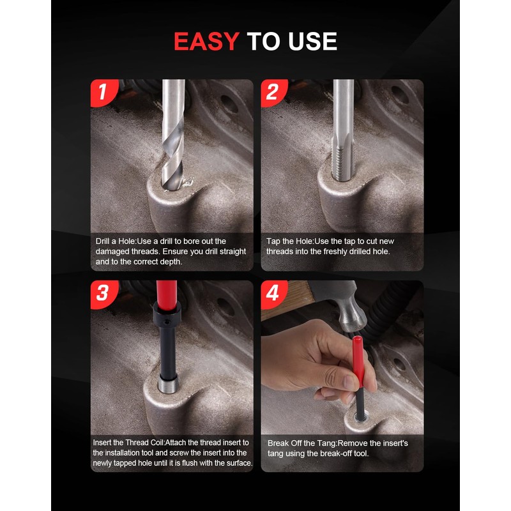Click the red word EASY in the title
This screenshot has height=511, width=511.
tap(206, 42)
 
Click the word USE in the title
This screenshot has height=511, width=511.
tap(311, 42)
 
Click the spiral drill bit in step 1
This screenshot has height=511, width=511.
tap(172, 141)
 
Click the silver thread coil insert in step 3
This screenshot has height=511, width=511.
tap(167, 387)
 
